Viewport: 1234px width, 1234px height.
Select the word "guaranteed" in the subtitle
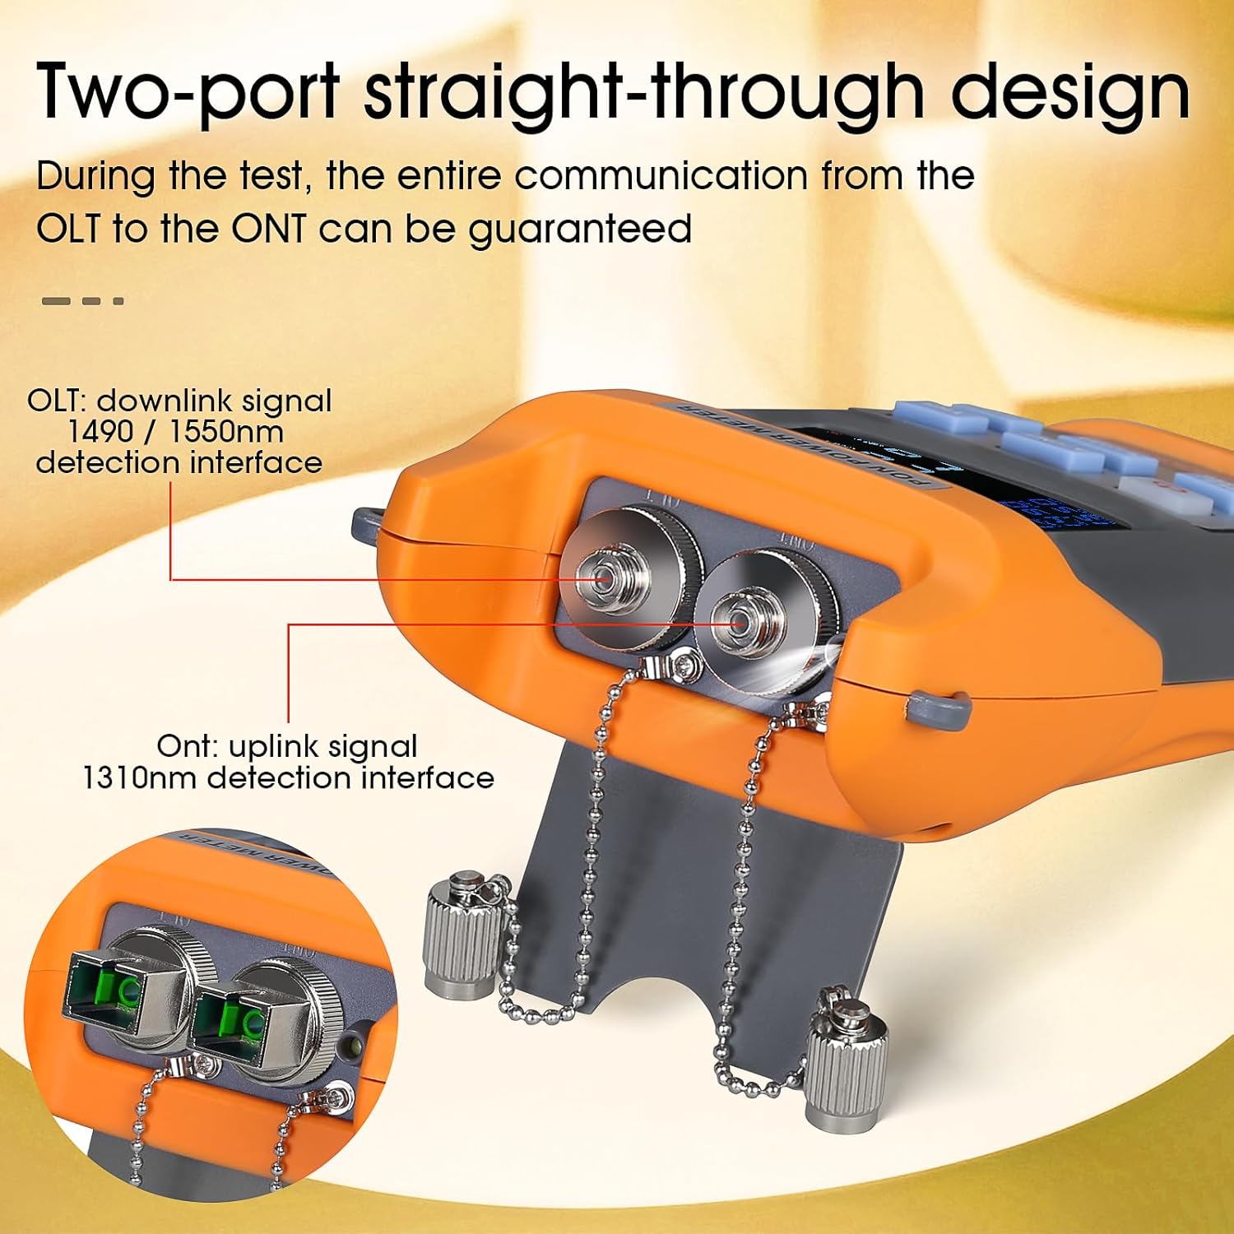click(x=580, y=230)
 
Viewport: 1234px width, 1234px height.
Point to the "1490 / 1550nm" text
click(x=176, y=431)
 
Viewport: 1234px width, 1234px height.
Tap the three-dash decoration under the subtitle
click(x=82, y=301)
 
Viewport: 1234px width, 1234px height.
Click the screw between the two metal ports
click(x=682, y=660)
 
